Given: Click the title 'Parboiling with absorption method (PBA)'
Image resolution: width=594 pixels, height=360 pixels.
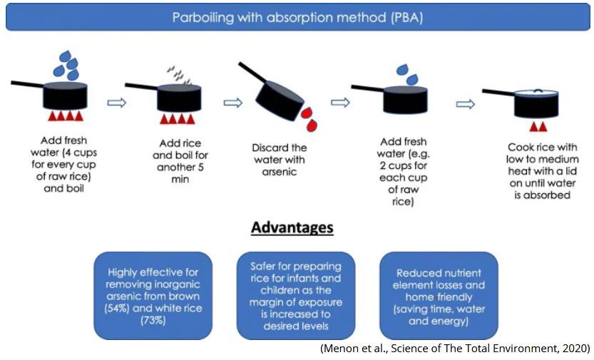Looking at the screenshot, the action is (x=297, y=17).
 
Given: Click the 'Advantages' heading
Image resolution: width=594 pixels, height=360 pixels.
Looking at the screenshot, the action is (x=292, y=227).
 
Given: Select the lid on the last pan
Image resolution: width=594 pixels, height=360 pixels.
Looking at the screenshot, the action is (x=536, y=93).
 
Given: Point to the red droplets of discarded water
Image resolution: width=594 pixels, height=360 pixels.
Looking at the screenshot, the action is (x=309, y=119).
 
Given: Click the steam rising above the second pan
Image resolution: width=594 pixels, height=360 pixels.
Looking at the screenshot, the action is (x=179, y=75).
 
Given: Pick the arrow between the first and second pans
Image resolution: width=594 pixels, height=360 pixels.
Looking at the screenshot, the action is (x=117, y=103).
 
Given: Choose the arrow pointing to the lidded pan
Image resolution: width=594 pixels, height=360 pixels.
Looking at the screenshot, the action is (x=465, y=104).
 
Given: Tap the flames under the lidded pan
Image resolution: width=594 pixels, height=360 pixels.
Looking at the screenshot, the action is (x=538, y=126).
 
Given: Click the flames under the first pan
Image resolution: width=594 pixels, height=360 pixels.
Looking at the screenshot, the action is (x=66, y=115).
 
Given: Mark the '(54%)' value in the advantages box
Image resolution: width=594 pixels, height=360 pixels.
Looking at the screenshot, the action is (x=117, y=308).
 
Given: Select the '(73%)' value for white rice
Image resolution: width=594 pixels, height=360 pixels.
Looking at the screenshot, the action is (x=153, y=320).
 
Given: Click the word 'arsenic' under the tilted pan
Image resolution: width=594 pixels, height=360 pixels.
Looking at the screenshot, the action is (x=280, y=172).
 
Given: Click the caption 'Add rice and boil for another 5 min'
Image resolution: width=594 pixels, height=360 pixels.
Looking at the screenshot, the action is (x=180, y=161).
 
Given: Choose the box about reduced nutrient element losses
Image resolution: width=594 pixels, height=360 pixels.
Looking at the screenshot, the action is (x=439, y=296).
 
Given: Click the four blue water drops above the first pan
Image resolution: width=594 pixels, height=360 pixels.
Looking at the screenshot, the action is (x=66, y=65).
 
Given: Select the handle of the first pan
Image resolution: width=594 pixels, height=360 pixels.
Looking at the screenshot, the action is (x=27, y=84).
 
